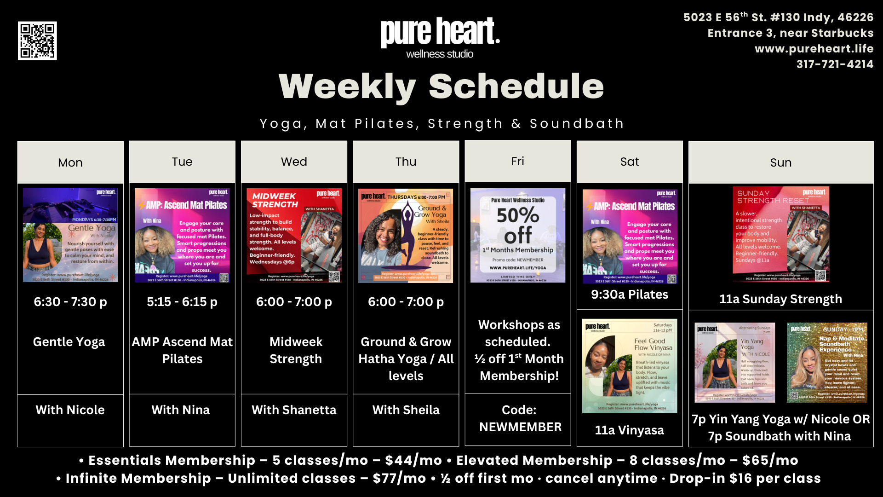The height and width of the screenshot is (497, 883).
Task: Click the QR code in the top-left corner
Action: (37, 40)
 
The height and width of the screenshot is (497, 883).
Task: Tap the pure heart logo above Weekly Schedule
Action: (440, 38)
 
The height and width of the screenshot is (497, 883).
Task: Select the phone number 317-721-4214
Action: (835, 64)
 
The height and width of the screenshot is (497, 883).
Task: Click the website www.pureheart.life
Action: (814, 49)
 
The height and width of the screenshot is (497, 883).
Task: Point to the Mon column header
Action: (70, 162)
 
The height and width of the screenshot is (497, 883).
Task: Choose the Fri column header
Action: (517, 162)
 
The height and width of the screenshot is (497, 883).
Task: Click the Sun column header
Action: (780, 162)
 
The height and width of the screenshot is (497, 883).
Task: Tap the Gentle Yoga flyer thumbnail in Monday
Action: (70, 235)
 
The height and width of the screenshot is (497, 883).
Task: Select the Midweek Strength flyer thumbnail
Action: (294, 235)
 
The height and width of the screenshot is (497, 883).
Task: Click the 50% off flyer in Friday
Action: (517, 235)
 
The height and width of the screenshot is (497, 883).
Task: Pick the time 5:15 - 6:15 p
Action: (182, 302)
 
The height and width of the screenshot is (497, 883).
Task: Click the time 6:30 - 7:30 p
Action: (70, 302)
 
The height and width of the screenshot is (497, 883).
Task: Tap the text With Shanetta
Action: (294, 410)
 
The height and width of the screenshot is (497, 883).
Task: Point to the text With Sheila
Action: (406, 410)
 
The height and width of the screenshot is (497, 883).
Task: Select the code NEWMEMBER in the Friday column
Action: (520, 427)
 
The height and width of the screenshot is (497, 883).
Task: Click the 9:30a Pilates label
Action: (629, 295)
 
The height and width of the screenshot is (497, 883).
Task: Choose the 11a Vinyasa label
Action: (629, 430)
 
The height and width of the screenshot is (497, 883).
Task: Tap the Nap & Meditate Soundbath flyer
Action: (827, 363)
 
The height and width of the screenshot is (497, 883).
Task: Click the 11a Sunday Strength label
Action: (780, 299)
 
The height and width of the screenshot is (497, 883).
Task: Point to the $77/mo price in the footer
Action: (399, 479)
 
